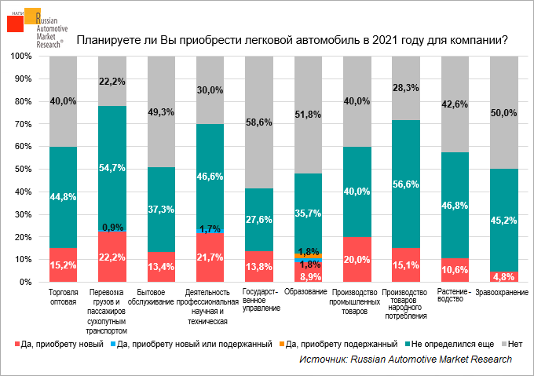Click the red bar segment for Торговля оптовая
pyautogui.click(x=63, y=265)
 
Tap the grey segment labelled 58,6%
pyautogui.click(x=258, y=122)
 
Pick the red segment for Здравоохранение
pyautogui.click(x=503, y=276)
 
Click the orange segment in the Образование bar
pyautogui.click(x=307, y=256)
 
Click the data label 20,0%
pyautogui.click(x=357, y=260)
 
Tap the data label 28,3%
pyautogui.click(x=405, y=88)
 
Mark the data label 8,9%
pyautogui.click(x=307, y=276)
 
